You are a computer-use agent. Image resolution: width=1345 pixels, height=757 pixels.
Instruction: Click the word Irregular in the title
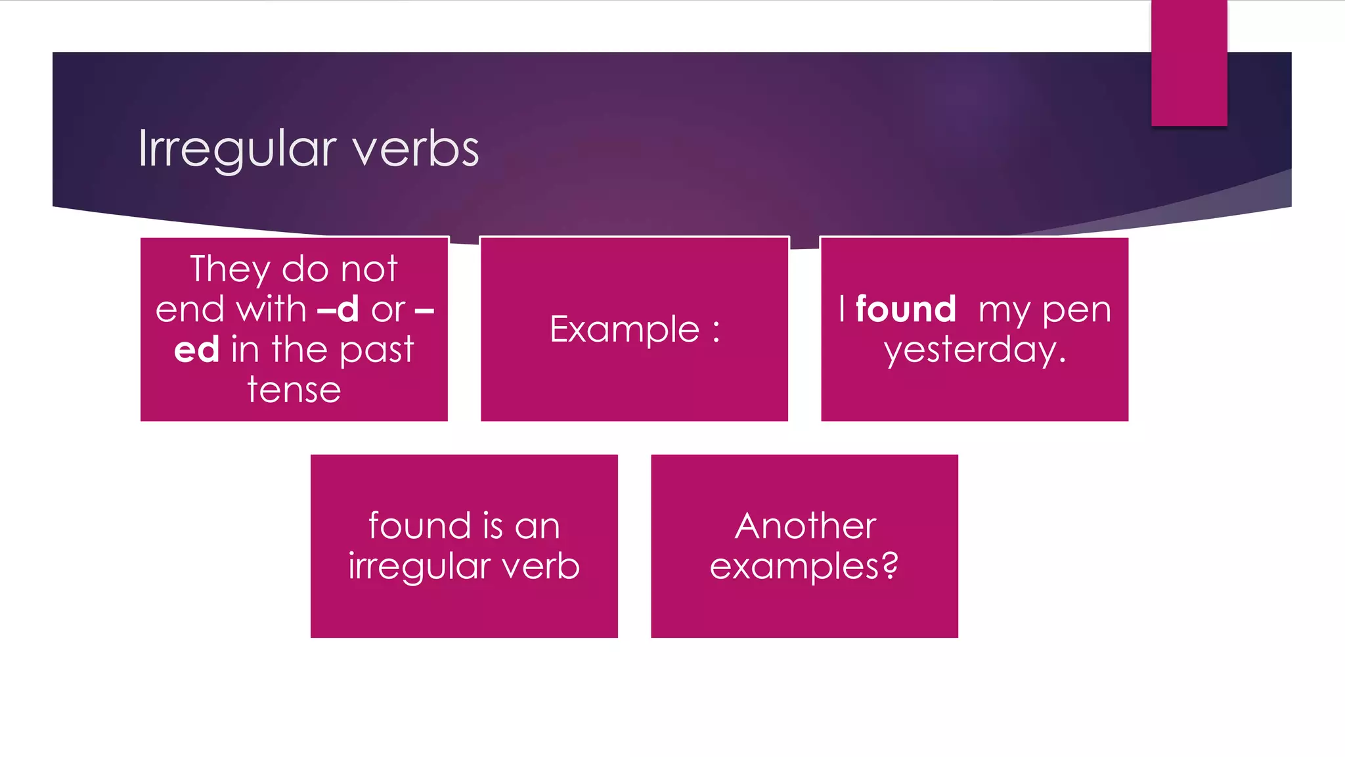point(237,150)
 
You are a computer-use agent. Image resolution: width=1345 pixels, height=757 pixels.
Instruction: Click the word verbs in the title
point(416,149)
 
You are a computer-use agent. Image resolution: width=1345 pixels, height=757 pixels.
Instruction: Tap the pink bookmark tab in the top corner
point(1189,62)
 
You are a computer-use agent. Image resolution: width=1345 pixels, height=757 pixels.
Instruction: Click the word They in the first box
point(229,269)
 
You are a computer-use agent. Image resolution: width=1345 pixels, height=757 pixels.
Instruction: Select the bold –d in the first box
point(338,309)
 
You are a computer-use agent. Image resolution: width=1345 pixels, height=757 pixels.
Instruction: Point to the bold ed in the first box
point(196,350)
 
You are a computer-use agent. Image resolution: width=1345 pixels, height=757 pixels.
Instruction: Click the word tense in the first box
point(294,390)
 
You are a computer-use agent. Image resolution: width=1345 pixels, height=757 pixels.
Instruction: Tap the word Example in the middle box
point(625,329)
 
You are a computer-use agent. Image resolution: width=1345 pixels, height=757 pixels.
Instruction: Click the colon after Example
point(716,331)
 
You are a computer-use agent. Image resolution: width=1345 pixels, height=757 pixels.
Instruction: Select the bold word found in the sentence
point(906,309)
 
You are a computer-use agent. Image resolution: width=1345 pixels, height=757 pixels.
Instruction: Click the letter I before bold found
point(842,309)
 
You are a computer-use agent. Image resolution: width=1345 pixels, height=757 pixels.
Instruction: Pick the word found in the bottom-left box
point(420,526)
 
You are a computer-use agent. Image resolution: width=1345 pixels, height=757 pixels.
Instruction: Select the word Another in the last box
point(805,526)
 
